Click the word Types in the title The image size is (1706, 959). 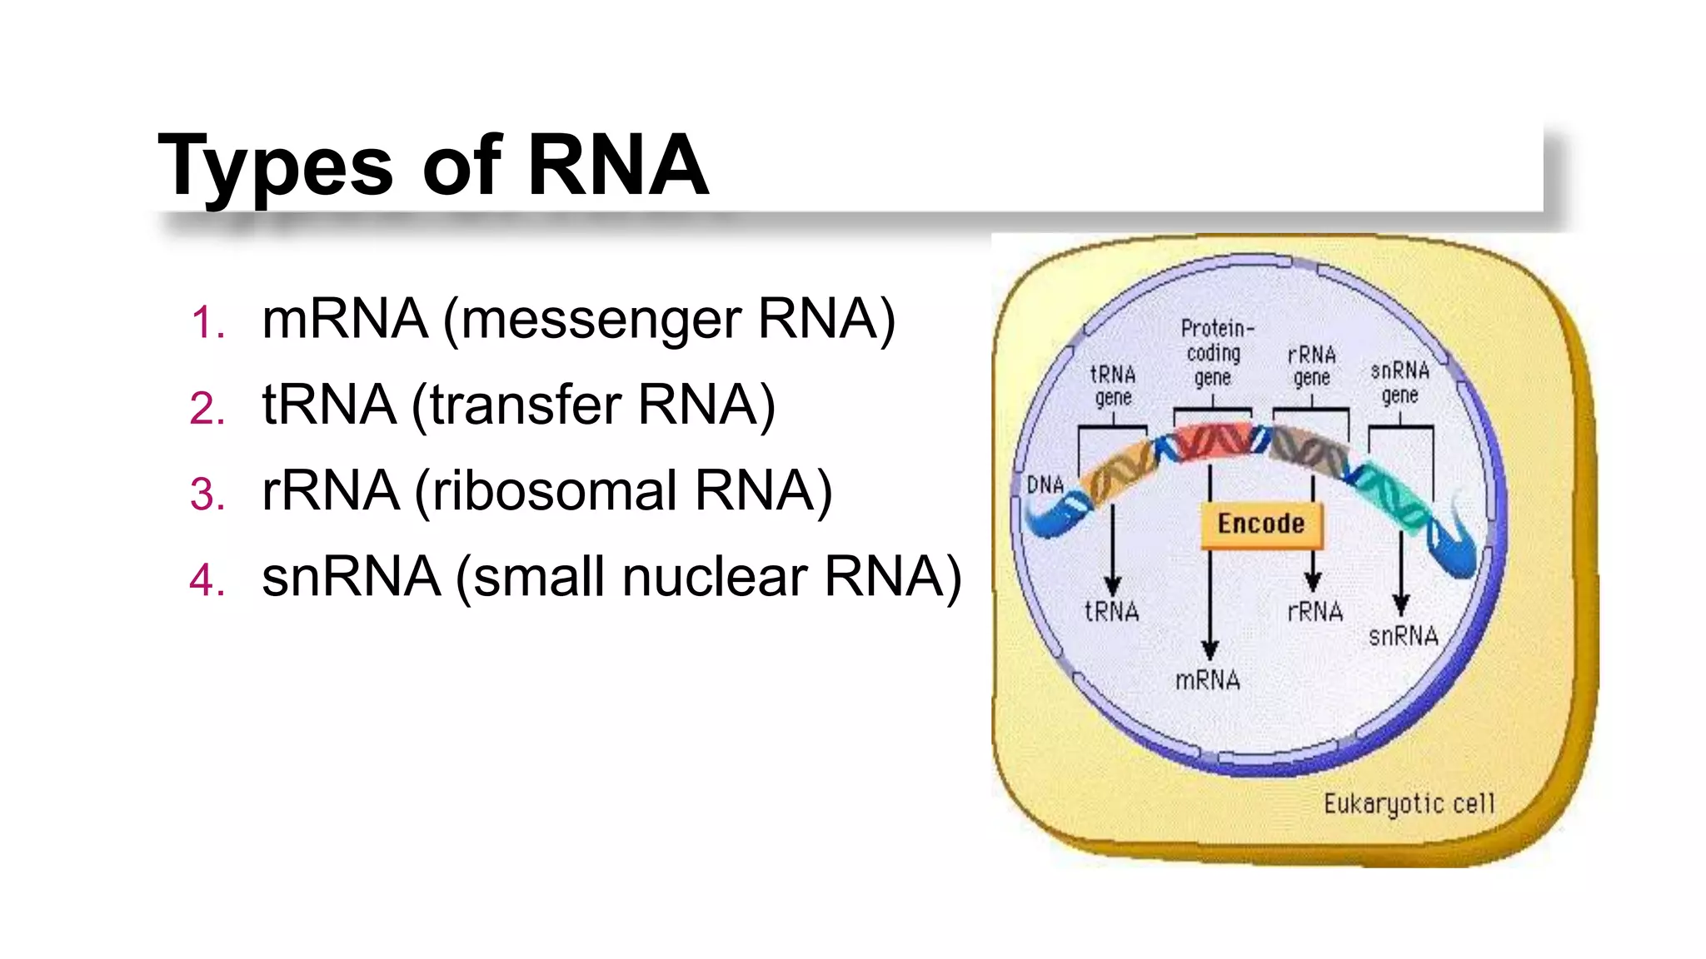(275, 166)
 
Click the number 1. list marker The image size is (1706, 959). (208, 322)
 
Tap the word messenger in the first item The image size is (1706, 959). (600, 320)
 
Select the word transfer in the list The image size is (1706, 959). (525, 405)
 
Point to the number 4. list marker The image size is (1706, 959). (207, 579)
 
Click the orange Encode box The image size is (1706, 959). (1260, 524)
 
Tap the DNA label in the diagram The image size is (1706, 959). (1045, 484)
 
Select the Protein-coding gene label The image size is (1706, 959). (1215, 353)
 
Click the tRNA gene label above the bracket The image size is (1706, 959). (1113, 385)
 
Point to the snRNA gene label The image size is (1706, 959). (1399, 382)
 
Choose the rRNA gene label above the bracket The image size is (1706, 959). (1312, 366)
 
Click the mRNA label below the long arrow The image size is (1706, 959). (1207, 681)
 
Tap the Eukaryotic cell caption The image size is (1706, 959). (1409, 803)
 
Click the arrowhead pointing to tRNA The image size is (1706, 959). (1113, 584)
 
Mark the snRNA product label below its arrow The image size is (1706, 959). (1403, 637)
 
